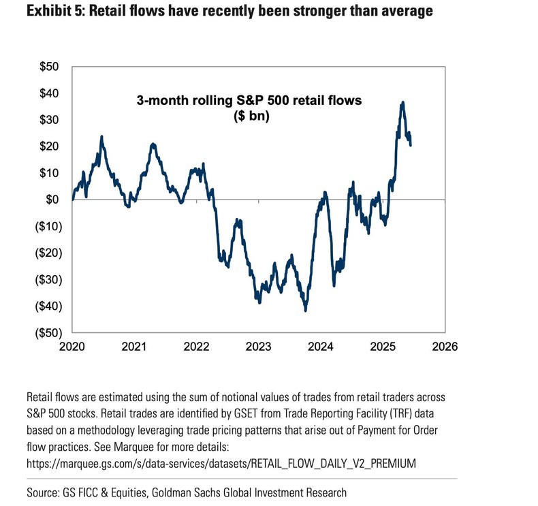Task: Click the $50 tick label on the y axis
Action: (50, 67)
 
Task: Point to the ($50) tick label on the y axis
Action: (46, 332)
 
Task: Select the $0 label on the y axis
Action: (52, 200)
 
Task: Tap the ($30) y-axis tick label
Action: (46, 279)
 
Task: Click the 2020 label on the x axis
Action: (72, 346)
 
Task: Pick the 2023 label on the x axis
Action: (259, 346)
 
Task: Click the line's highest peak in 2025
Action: (403, 102)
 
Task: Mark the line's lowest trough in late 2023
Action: (306, 311)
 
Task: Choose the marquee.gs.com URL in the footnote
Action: (221, 463)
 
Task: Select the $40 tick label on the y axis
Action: (50, 93)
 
